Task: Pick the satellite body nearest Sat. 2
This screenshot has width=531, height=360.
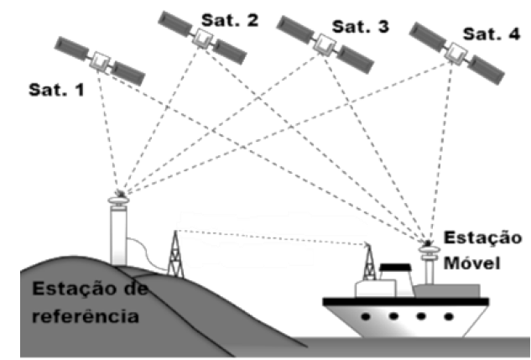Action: (x=201, y=36)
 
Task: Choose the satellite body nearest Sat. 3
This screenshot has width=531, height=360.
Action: (x=320, y=43)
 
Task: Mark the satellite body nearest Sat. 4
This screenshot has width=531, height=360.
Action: (x=456, y=53)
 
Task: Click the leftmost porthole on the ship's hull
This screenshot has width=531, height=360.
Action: (x=365, y=317)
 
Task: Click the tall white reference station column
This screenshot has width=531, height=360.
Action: (x=119, y=235)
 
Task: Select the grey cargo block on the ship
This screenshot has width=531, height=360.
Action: (x=456, y=290)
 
